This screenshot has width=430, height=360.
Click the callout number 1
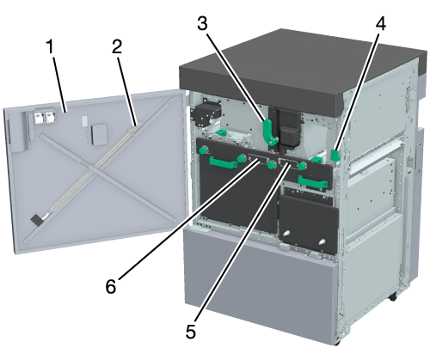[50, 46]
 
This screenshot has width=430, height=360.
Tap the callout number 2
[117, 46]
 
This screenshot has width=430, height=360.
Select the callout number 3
[202, 23]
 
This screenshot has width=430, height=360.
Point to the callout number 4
[381, 23]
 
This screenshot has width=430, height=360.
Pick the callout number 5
[191, 332]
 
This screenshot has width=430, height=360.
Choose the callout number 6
[111, 286]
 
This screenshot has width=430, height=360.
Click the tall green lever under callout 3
[269, 132]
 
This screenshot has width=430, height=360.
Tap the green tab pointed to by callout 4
[335, 155]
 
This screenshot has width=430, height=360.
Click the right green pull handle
[312, 182]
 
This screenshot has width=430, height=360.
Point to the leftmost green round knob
[203, 149]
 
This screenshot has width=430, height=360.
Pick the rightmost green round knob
[302, 166]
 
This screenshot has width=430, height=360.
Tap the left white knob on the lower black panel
[286, 233]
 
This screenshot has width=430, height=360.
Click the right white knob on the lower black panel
[322, 241]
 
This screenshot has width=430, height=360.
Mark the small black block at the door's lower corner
[36, 220]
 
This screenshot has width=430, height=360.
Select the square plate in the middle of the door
[99, 135]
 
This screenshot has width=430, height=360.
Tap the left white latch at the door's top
[39, 117]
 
